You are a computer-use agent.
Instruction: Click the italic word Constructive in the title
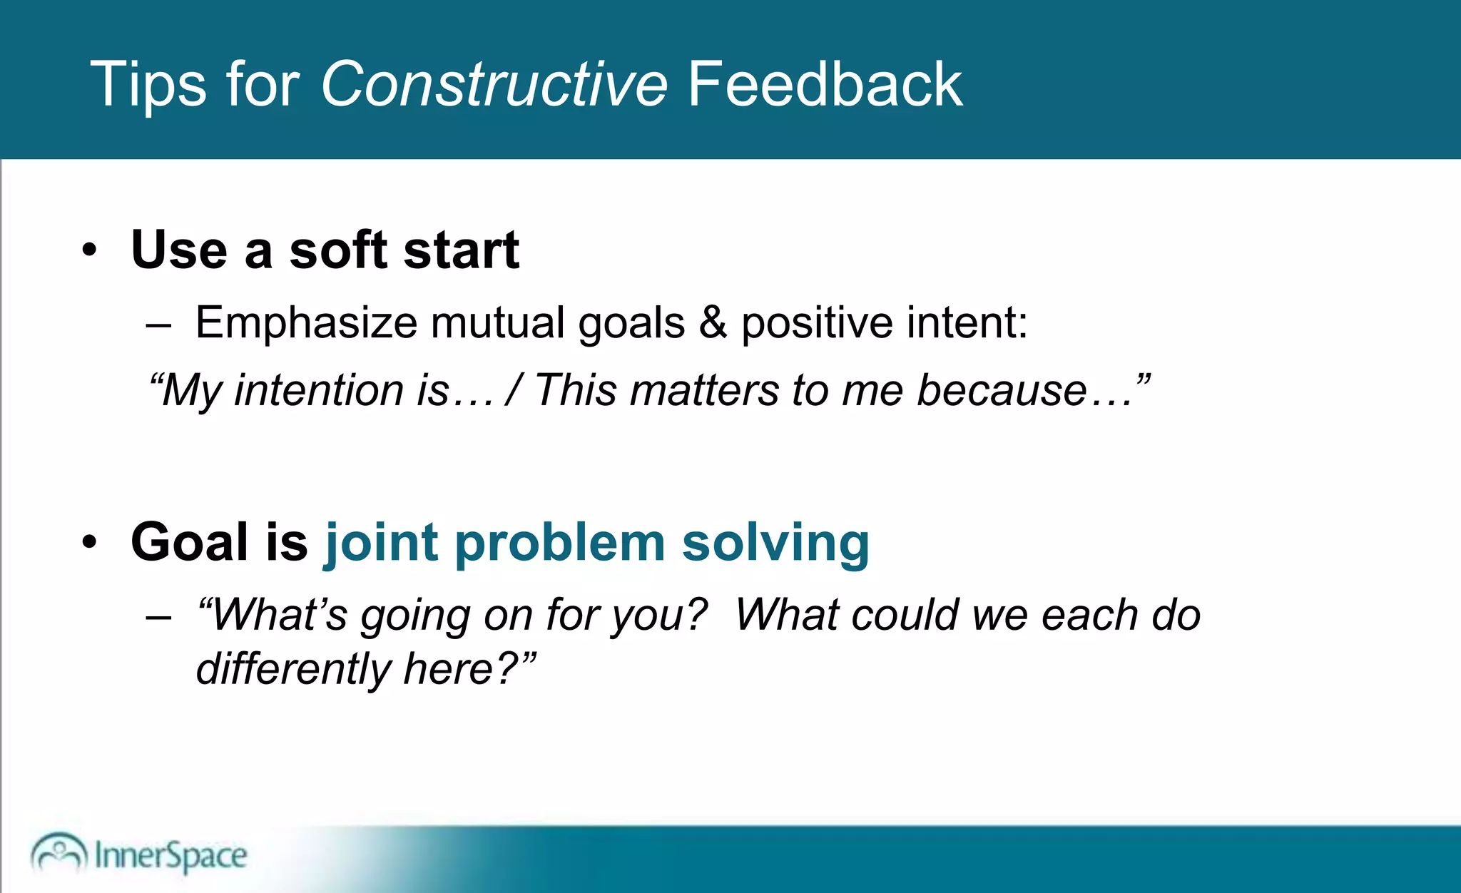494,85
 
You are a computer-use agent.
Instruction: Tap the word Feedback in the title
825,85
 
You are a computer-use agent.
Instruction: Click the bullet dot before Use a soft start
89,250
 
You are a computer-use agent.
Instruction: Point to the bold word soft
338,250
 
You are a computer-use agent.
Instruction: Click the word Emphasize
306,323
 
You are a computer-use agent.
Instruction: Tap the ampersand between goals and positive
713,322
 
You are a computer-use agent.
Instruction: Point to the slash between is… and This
511,391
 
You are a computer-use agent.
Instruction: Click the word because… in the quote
1023,391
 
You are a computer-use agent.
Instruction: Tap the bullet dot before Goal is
89,541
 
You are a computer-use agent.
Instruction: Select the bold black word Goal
190,543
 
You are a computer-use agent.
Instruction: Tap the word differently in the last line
293,669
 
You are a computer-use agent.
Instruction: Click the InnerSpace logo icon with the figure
58,852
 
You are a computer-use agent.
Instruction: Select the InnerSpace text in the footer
170,855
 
